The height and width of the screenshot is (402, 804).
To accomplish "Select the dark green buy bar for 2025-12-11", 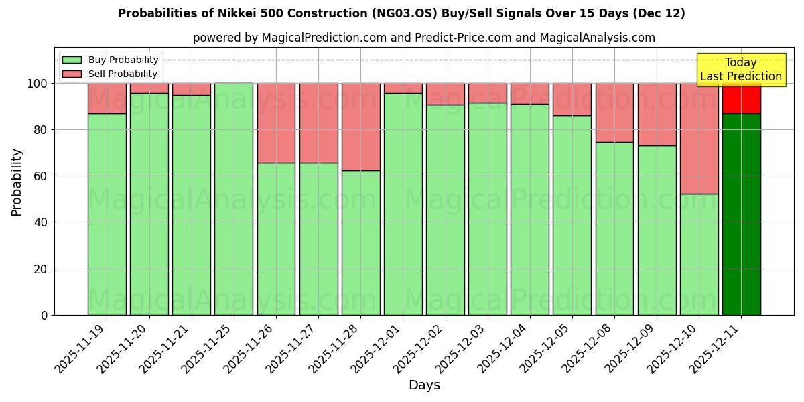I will [x=741, y=214].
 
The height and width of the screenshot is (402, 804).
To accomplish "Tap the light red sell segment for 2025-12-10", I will [x=699, y=139].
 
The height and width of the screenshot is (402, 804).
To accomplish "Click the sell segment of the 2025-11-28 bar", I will [x=360, y=127].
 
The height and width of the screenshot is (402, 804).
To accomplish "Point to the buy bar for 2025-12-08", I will [x=614, y=228].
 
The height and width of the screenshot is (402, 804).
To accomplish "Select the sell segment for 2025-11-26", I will [x=276, y=123].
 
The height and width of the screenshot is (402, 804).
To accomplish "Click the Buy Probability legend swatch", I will [x=72, y=60].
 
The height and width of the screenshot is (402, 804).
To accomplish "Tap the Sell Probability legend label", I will [x=123, y=74].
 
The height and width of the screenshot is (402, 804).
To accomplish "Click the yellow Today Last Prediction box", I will [x=740, y=70].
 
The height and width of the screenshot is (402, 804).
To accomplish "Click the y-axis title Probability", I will [x=17, y=182].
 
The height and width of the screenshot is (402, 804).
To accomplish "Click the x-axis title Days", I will [x=424, y=385].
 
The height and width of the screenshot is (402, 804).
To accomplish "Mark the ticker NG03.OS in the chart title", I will [x=442, y=13].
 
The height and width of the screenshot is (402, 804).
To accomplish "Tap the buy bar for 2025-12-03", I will [x=487, y=208].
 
